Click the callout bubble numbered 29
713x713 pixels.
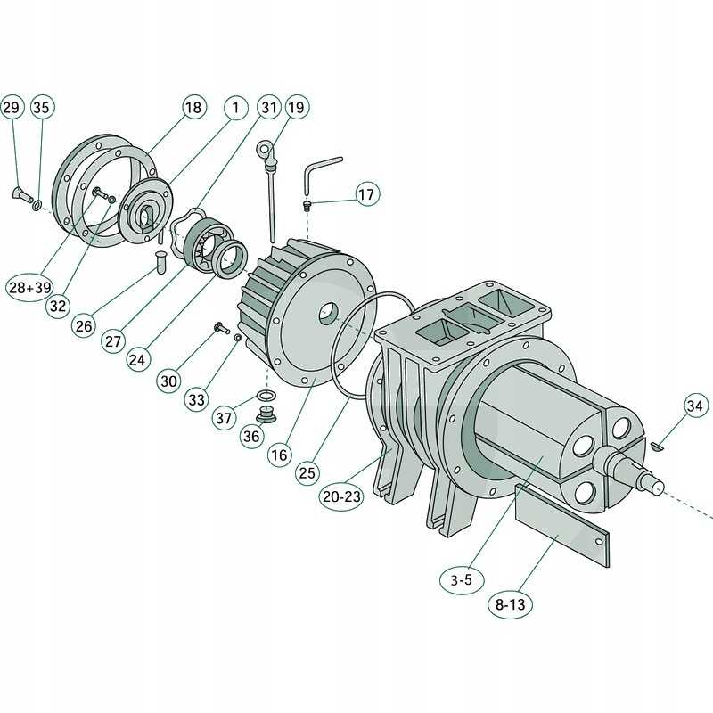coord(11,108)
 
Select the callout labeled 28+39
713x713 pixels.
coord(29,287)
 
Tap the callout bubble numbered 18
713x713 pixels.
coord(193,108)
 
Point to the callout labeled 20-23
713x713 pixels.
coord(341,496)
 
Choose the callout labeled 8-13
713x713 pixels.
coord(509,603)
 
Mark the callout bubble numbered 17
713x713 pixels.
coord(367,193)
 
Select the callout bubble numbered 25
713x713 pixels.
coord(307,473)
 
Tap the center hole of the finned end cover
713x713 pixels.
coord(329,313)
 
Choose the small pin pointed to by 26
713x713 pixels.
coord(161,262)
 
